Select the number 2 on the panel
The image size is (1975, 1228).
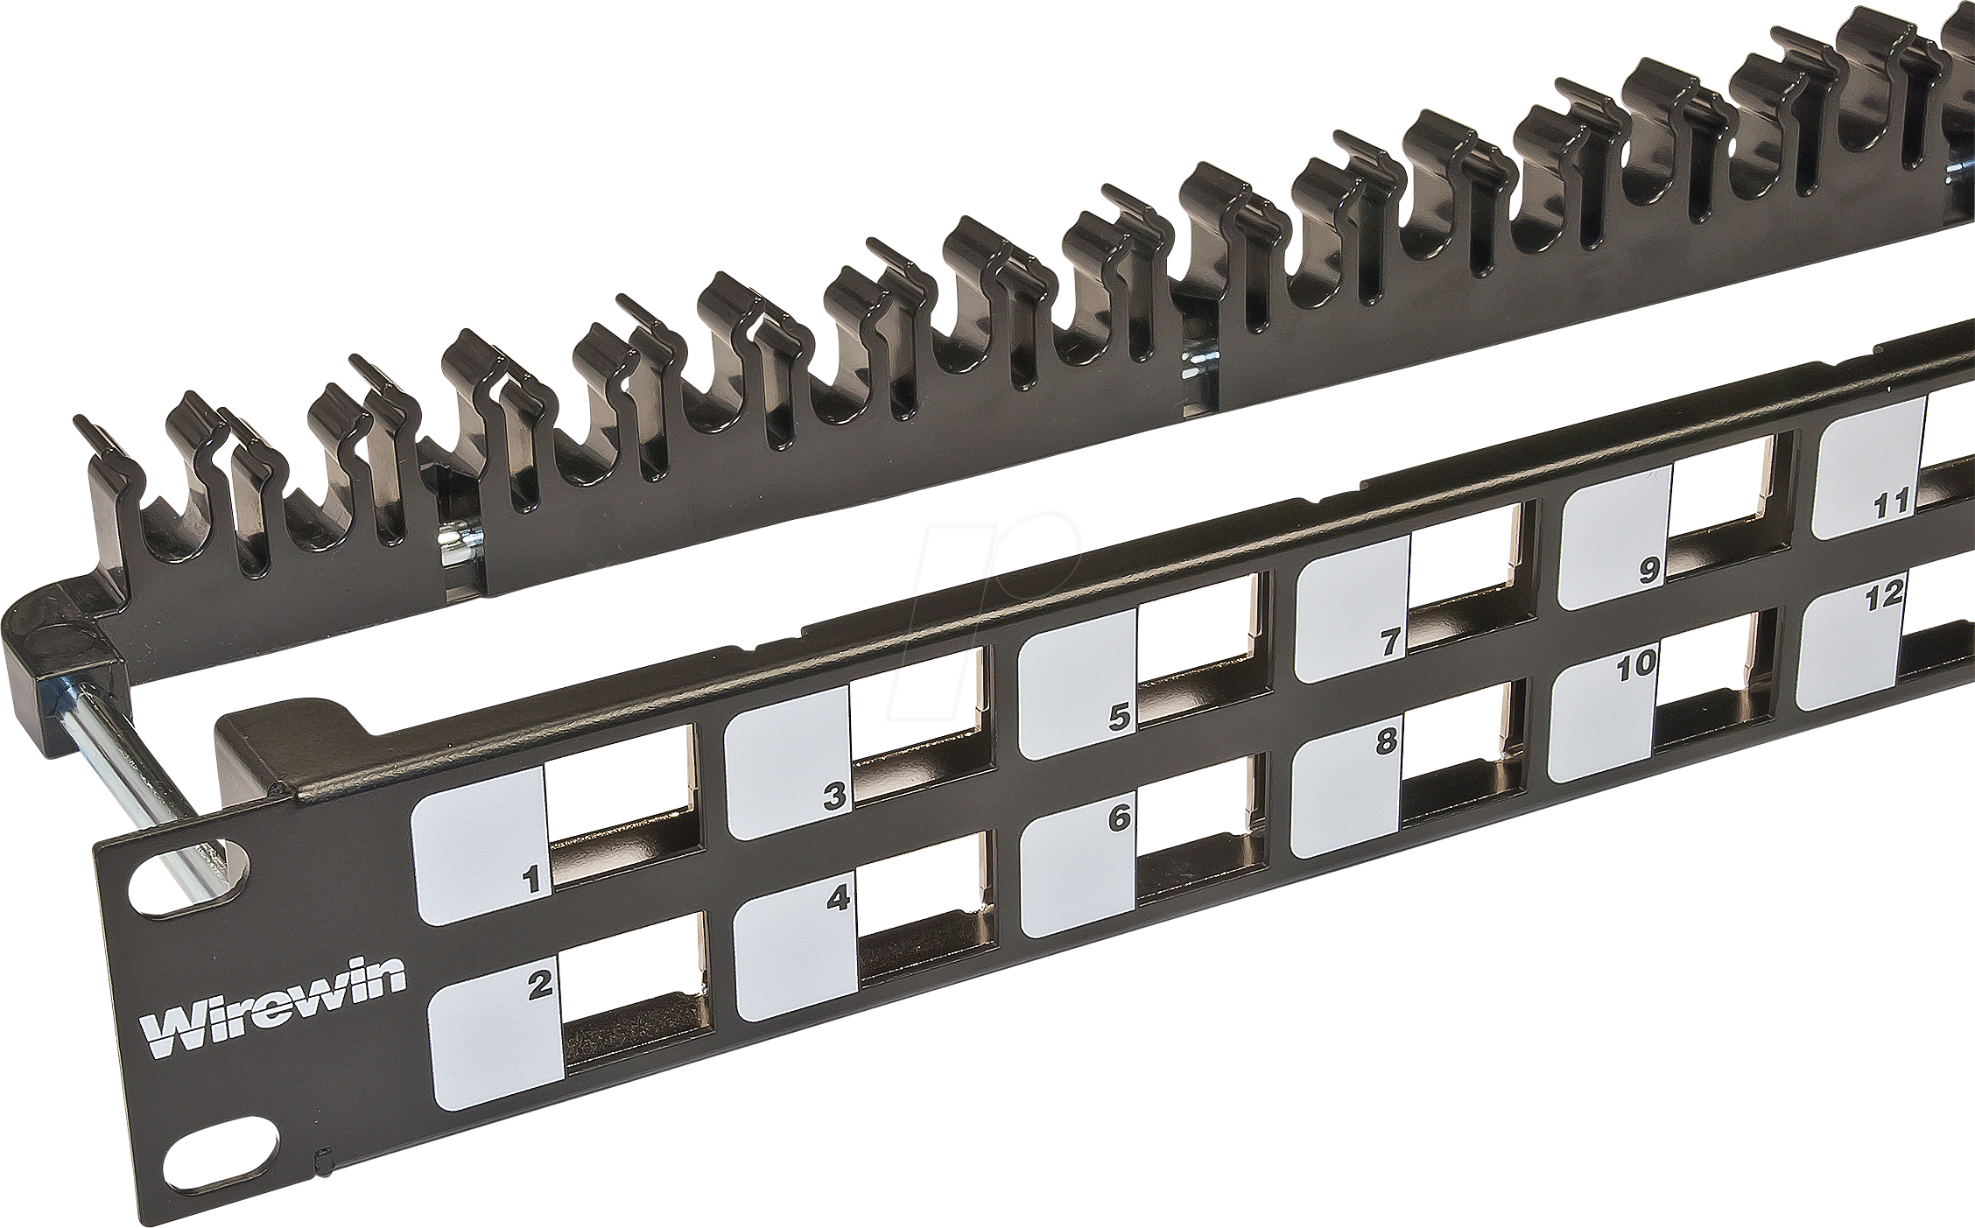pos(538,986)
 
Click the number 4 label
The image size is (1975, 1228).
pos(839,898)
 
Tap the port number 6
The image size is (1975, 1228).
pos(1120,817)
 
